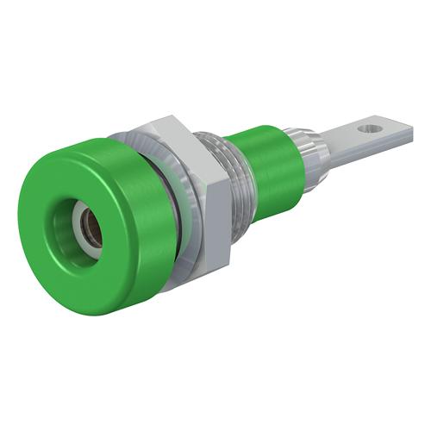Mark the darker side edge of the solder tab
point(362,155)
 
